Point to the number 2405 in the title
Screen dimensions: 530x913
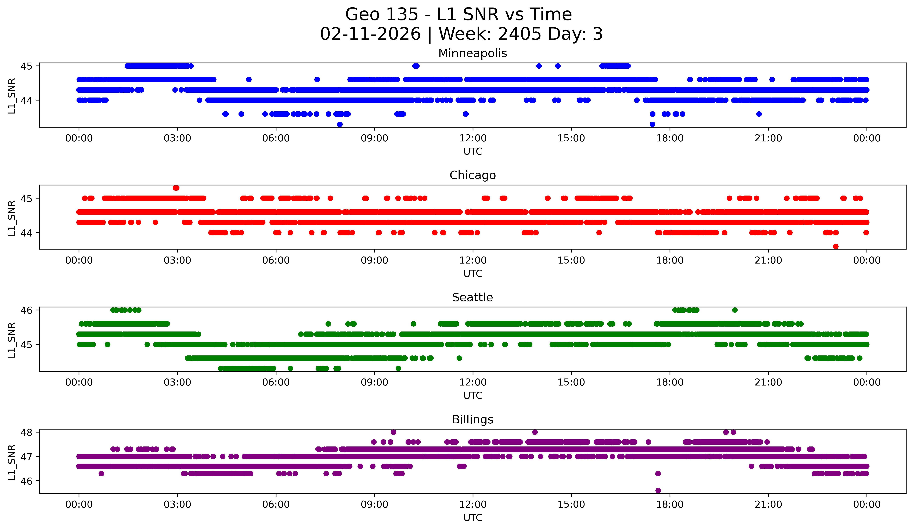[x=519, y=34]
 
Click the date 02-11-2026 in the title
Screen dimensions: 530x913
[x=370, y=34]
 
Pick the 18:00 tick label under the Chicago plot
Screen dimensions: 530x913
[x=670, y=261]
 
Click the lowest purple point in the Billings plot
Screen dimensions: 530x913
[x=658, y=491]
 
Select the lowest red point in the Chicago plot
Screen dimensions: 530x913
[x=835, y=246]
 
